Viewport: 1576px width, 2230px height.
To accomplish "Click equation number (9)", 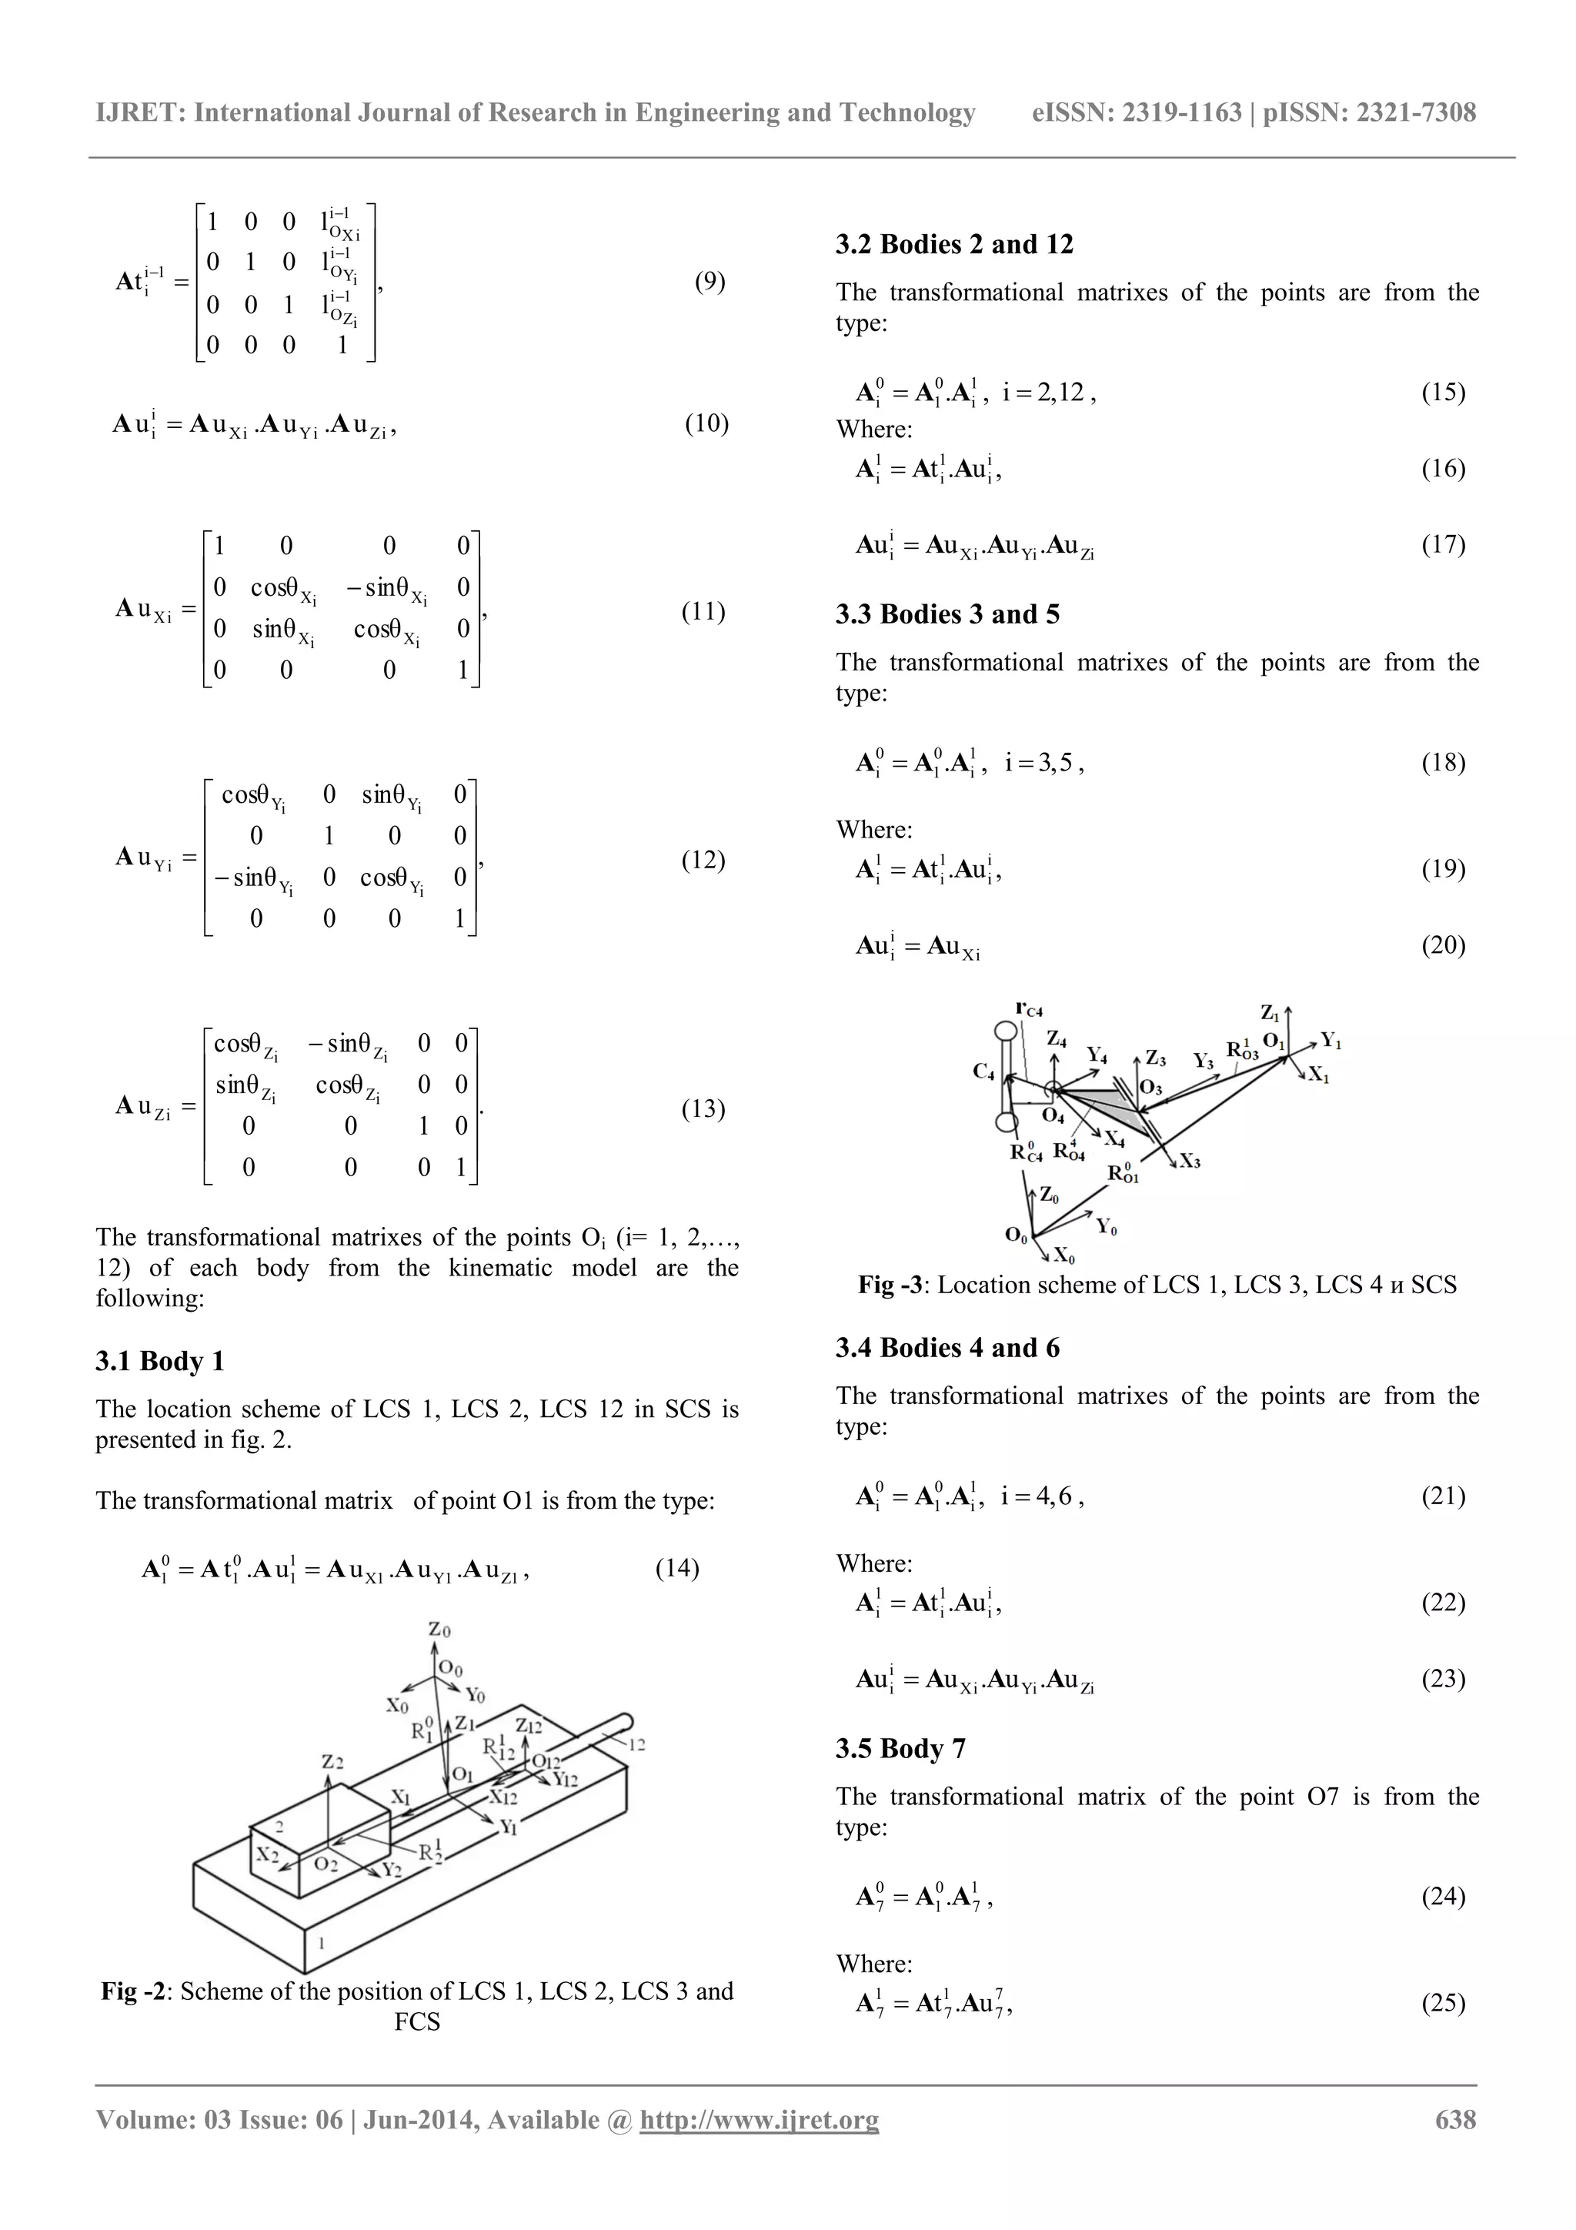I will (710, 282).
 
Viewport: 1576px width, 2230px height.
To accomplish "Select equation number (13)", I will (703, 1109).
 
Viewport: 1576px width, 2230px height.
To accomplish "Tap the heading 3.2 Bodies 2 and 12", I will (953, 245).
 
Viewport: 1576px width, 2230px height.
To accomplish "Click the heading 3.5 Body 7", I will (900, 1749).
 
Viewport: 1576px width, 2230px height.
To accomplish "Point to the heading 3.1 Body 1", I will (159, 1362).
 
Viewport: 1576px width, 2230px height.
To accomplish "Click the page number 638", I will (1456, 2120).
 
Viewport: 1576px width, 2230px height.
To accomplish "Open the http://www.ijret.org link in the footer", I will (759, 2120).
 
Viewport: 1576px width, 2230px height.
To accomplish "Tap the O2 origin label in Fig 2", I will (326, 1865).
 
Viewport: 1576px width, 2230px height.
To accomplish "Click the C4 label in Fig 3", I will (983, 1072).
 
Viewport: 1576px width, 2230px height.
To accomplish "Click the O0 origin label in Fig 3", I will (1016, 1236).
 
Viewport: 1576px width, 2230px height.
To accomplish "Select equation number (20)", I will (1443, 945).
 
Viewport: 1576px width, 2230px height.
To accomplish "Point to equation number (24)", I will (1443, 1897).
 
